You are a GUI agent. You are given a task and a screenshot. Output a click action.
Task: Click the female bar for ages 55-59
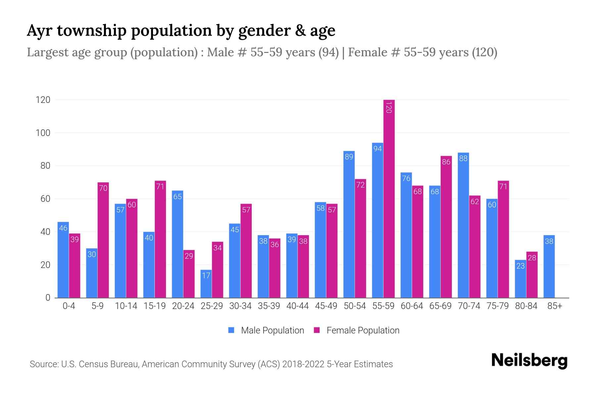(x=389, y=198)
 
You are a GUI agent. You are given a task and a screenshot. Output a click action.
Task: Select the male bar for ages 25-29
(x=206, y=284)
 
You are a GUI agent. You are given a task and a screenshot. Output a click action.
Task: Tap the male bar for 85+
(x=549, y=266)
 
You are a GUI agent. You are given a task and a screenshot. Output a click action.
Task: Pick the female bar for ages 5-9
(x=103, y=240)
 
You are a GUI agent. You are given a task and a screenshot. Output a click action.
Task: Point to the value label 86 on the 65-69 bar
(x=446, y=162)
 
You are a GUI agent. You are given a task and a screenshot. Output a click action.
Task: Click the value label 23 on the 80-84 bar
(x=521, y=266)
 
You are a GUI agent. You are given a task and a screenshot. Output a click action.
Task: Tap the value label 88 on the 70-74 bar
(x=463, y=158)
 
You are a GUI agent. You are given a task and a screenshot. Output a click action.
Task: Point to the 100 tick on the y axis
(x=43, y=133)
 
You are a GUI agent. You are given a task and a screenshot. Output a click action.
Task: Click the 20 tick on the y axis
(x=45, y=265)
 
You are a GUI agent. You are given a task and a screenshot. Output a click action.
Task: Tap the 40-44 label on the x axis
(x=297, y=306)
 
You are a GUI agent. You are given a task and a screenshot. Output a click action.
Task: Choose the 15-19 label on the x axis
(x=155, y=306)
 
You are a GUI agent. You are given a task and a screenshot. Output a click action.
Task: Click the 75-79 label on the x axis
(x=497, y=306)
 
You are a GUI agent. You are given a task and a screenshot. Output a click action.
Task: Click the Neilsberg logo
(x=529, y=361)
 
